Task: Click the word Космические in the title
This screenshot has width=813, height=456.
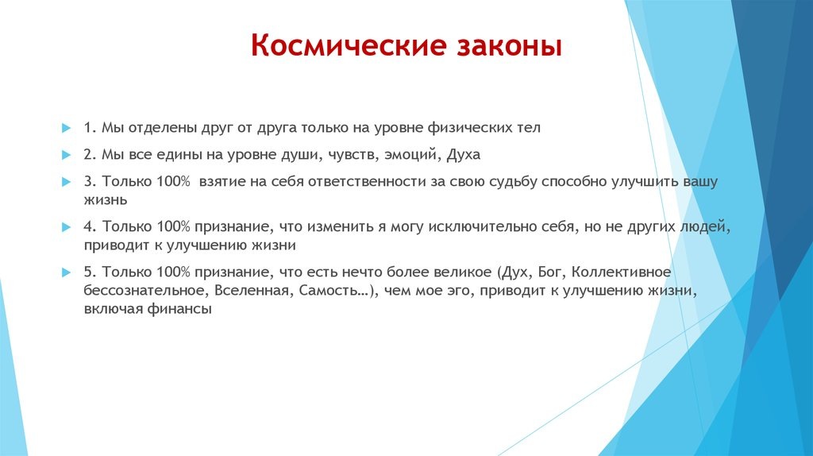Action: click(349, 45)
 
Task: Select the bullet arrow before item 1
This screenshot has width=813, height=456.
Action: click(66, 128)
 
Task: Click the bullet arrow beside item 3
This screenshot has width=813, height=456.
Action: click(66, 182)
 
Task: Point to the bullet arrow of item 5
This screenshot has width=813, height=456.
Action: click(66, 272)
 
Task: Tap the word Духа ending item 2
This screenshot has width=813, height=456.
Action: click(463, 155)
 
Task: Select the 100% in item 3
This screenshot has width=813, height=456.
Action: click(174, 182)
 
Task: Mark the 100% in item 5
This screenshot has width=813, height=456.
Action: click(174, 272)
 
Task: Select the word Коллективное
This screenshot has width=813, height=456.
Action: click(621, 272)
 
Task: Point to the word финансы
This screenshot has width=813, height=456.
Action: click(179, 309)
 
